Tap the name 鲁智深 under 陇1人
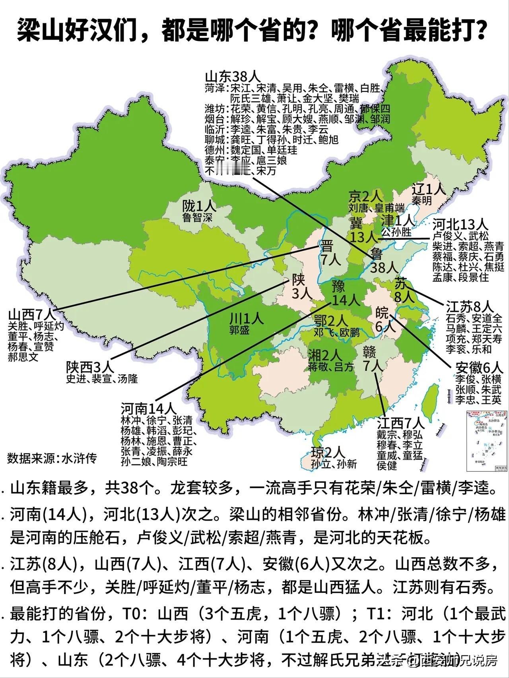[x=198, y=217]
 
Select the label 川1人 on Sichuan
[x=247, y=318]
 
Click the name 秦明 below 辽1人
[x=422, y=201]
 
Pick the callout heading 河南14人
[x=148, y=408]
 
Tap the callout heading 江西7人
[x=401, y=423]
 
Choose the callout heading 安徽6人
[x=479, y=367]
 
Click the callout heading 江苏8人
[x=470, y=306]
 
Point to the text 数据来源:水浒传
[x=52, y=458]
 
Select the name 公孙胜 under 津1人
[x=396, y=232]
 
